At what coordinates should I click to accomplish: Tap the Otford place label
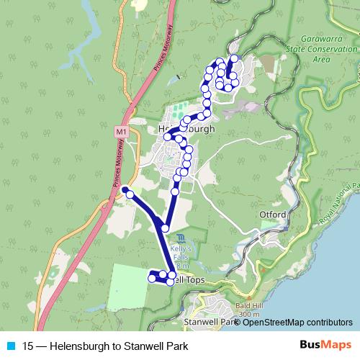274,215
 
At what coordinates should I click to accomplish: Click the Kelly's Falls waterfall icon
179,238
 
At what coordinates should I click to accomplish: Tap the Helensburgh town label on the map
186,130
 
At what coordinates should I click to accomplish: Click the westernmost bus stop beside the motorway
125,189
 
